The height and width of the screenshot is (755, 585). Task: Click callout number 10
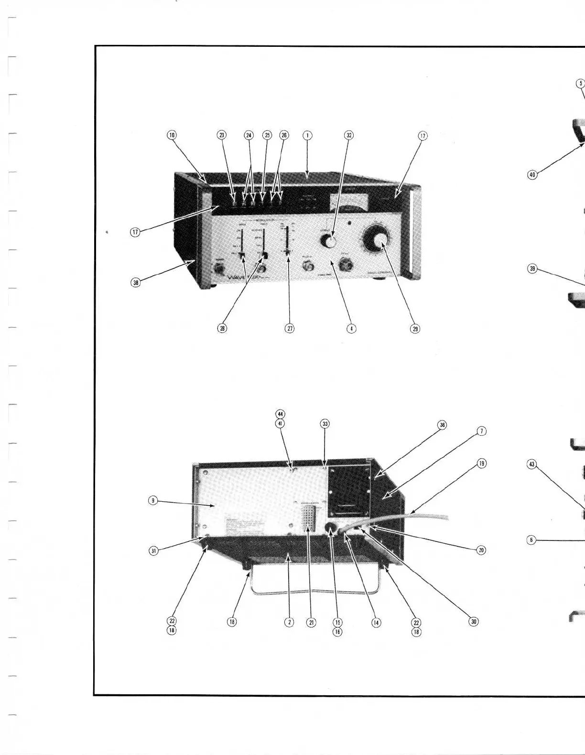point(172,135)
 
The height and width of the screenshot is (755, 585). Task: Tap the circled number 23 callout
point(222,135)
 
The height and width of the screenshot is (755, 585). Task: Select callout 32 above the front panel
point(349,135)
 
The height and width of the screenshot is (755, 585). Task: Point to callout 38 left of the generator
point(136,282)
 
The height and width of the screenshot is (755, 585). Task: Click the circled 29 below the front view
point(415,329)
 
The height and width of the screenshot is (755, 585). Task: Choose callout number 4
point(351,329)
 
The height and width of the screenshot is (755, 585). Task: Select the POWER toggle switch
point(220,269)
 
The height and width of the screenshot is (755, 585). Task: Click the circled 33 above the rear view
point(325,424)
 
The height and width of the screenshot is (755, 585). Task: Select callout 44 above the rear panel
point(281,414)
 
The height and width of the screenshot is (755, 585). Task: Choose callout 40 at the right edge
point(532,175)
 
